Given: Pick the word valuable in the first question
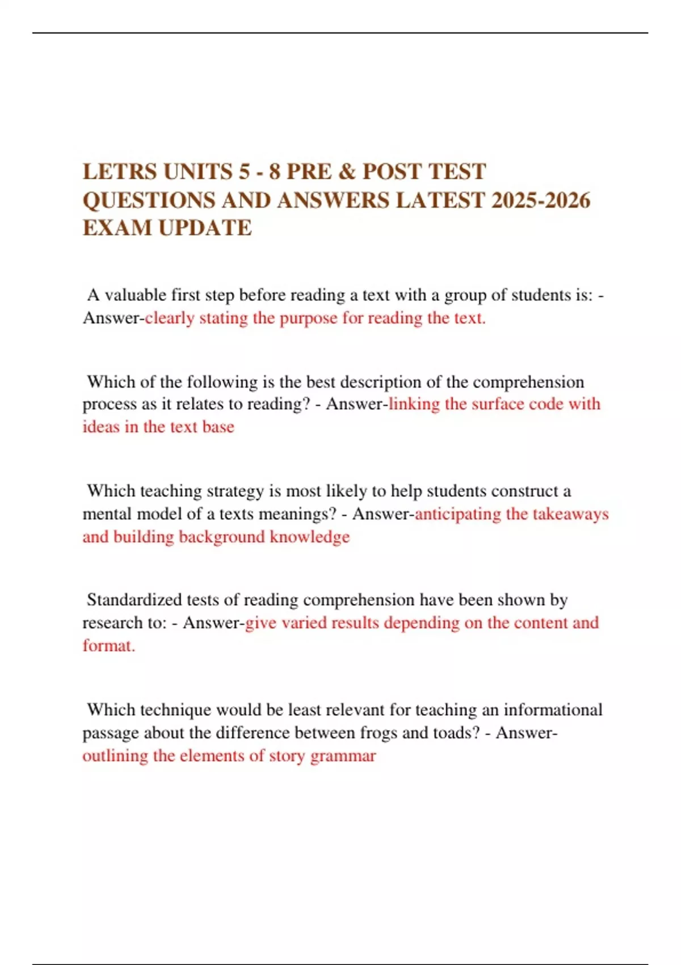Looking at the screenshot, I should (135, 295).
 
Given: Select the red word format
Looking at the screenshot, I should (108, 646).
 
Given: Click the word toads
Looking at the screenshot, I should (455, 733).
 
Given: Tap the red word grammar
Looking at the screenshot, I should (343, 756).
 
